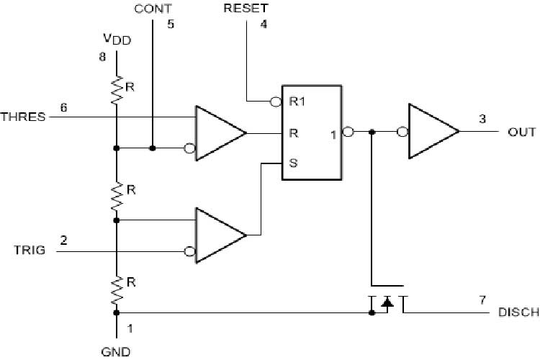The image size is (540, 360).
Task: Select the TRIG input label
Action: coord(30,251)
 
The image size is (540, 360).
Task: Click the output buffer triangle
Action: coord(431,132)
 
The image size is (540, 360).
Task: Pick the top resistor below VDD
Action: coord(116,90)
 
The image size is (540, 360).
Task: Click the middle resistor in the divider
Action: coord(116,194)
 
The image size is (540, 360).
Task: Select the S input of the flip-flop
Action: coord(292,163)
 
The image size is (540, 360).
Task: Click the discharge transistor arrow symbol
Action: coord(387,303)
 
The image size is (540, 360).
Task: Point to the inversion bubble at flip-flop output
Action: coord(348,132)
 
